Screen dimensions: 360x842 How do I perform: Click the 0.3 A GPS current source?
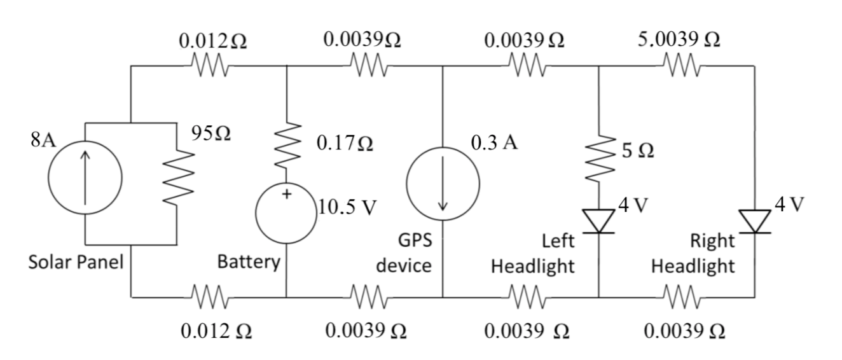(x=443, y=184)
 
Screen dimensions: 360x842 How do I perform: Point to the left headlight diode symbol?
(x=598, y=221)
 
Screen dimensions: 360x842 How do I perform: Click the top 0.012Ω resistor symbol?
(x=210, y=65)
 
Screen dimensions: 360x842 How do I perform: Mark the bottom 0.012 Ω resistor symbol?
(x=210, y=296)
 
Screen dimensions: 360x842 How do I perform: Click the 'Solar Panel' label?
(x=75, y=262)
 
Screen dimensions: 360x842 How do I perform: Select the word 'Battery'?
(x=249, y=262)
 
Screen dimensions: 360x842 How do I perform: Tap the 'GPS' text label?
(x=414, y=242)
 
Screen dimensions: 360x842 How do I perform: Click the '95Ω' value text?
(x=210, y=134)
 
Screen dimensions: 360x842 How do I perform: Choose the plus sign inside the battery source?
(x=286, y=195)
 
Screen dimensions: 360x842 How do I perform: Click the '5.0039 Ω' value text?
(x=679, y=39)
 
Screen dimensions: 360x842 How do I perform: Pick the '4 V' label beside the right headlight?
(x=790, y=205)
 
